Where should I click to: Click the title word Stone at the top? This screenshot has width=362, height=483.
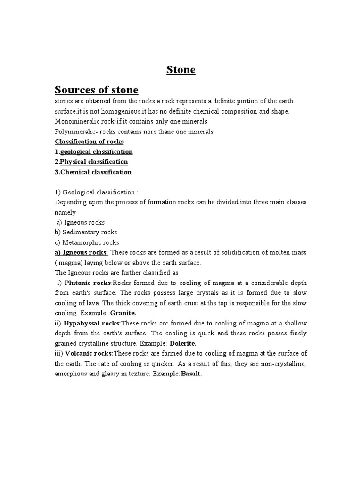coord(181,70)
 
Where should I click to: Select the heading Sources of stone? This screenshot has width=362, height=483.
coord(97,90)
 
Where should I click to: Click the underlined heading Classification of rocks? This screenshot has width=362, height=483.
coord(90,142)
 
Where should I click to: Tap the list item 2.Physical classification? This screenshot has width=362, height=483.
coord(91,162)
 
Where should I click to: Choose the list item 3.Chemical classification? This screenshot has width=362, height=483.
coord(93,172)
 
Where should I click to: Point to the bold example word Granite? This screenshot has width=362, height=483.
coord(123,313)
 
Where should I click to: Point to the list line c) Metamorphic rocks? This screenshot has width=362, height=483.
coord(86,242)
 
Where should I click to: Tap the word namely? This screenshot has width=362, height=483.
coord(66,212)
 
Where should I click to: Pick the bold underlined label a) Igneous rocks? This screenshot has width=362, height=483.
coord(82,253)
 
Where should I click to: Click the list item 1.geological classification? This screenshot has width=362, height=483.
coord(94,152)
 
